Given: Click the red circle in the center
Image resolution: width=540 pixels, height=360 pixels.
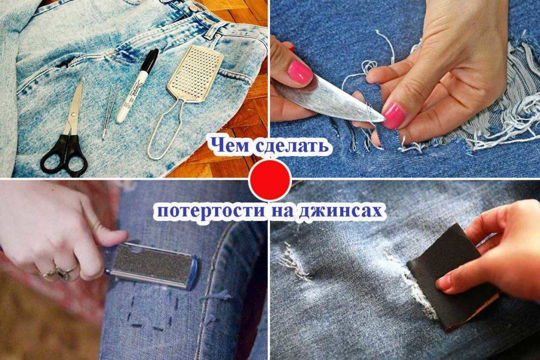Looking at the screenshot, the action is click(x=270, y=180).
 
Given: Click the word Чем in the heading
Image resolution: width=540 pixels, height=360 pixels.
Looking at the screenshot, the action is click(x=230, y=145).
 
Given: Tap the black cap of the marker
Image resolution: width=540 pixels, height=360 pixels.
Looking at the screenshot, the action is click(x=150, y=61).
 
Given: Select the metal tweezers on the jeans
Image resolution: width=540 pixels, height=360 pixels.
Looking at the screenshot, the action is click(x=109, y=112).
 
